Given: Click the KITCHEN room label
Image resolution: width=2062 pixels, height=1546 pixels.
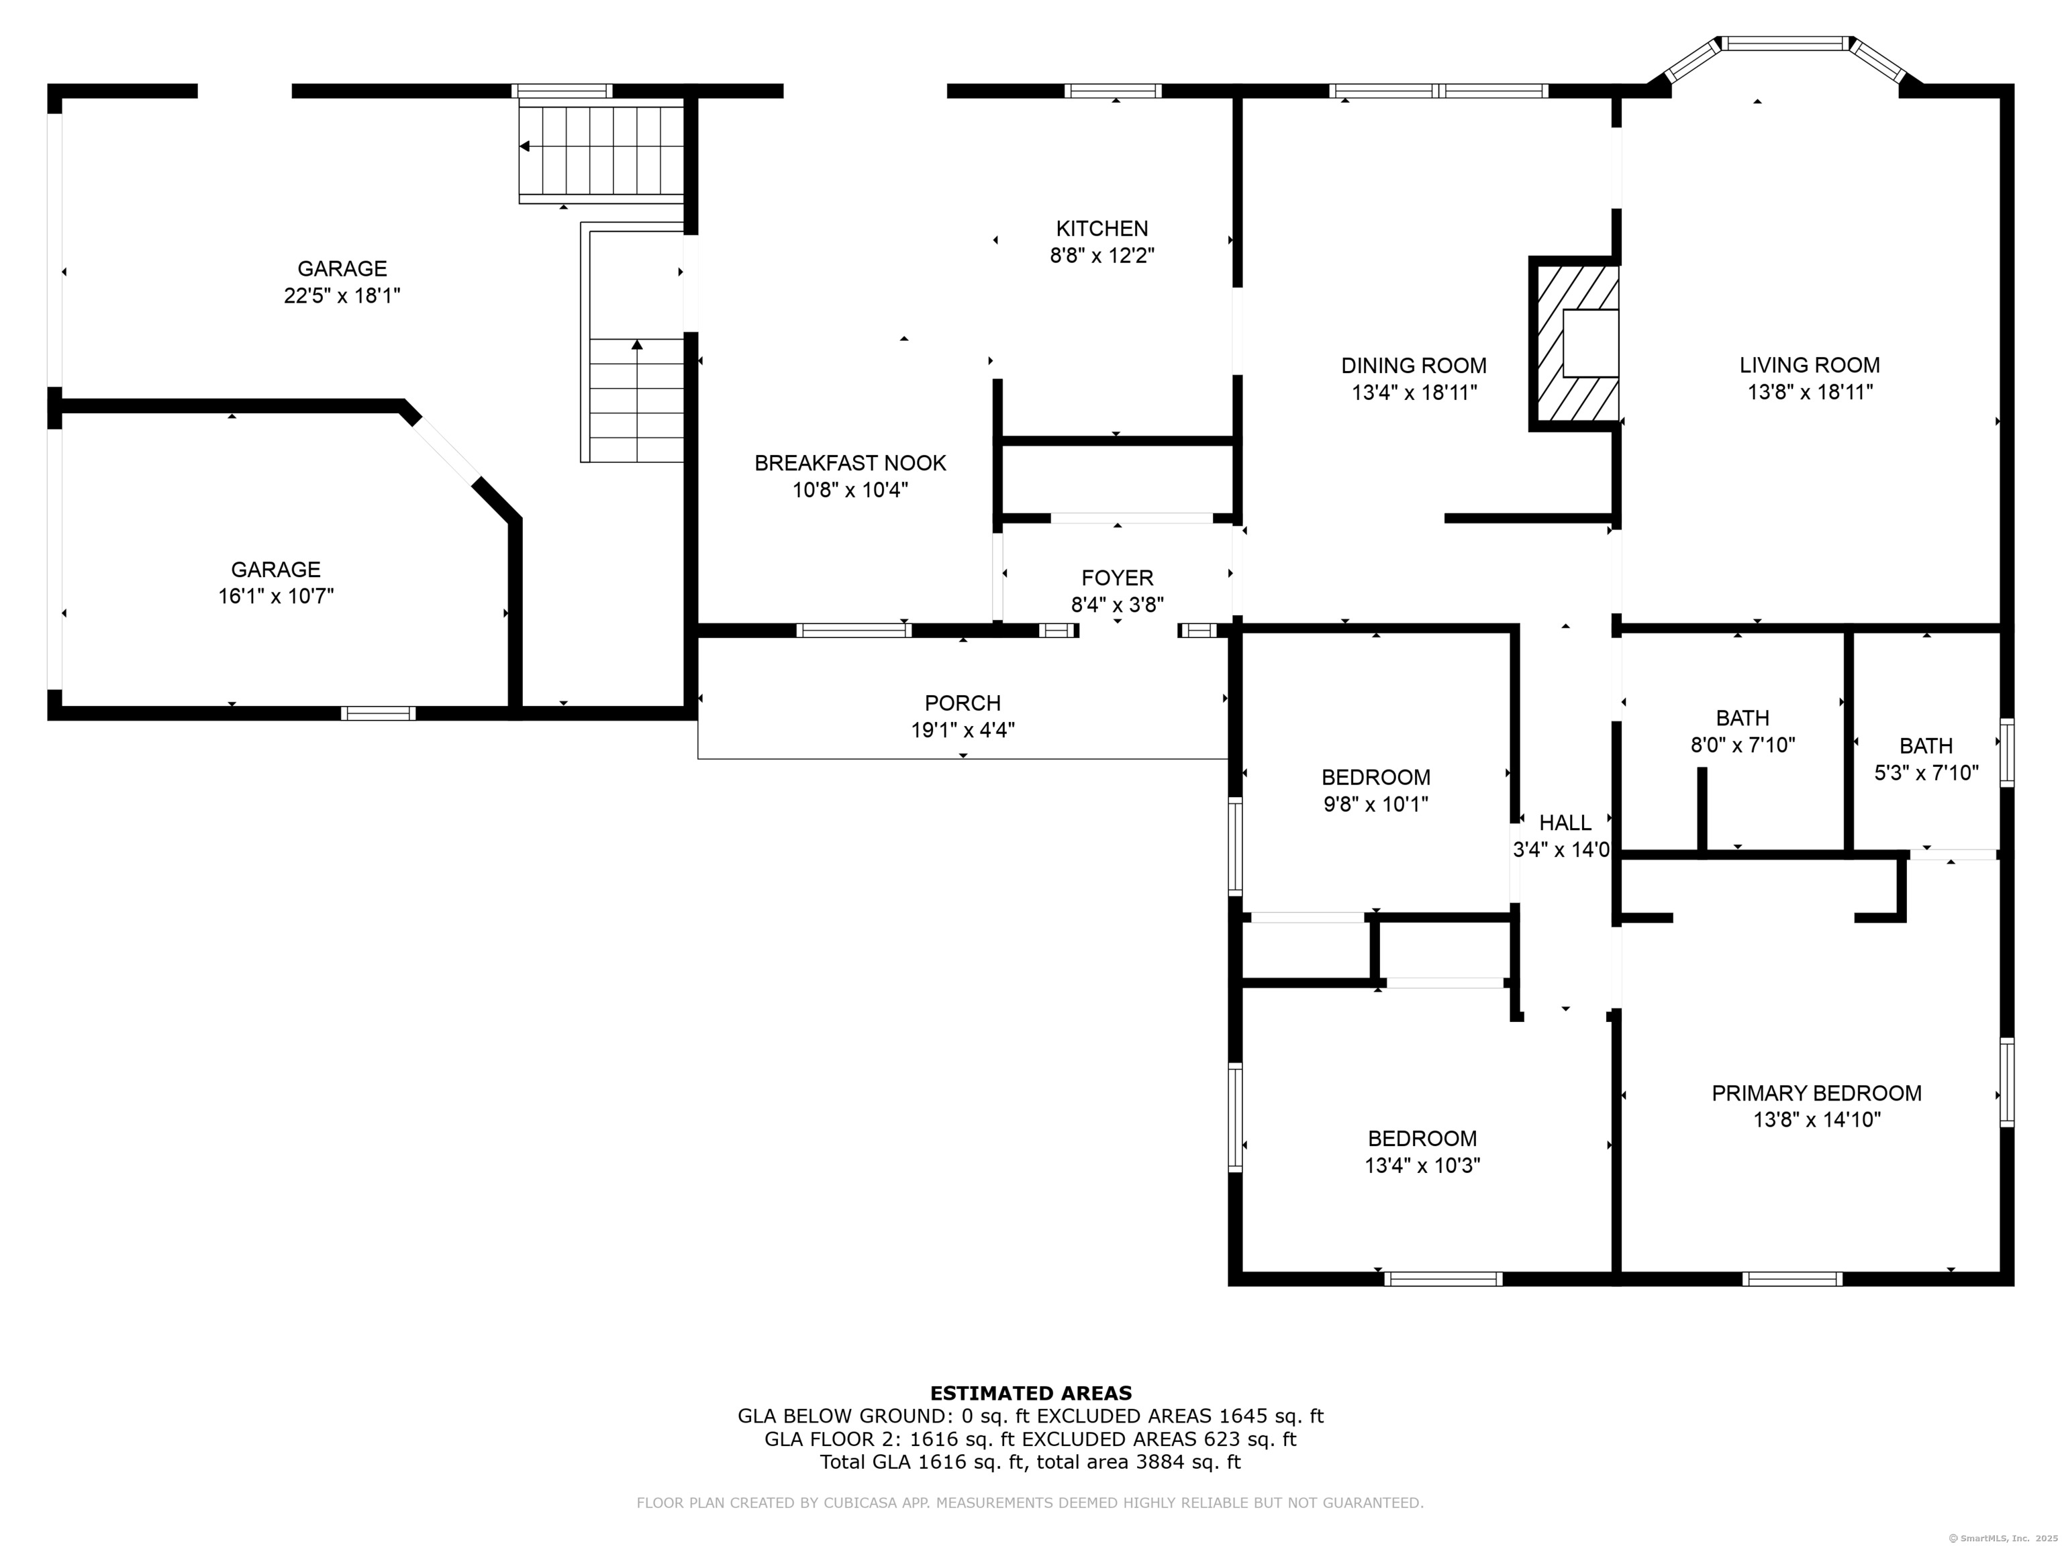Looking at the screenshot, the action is click(x=1102, y=228).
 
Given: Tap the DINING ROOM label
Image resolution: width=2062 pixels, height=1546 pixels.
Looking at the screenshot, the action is click(x=1413, y=365).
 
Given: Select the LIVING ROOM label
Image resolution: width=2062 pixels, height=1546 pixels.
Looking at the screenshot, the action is click(x=1810, y=365).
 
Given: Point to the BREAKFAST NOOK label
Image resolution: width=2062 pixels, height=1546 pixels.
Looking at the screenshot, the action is click(x=850, y=463).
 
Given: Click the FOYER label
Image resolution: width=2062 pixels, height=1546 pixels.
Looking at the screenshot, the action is click(x=1117, y=578).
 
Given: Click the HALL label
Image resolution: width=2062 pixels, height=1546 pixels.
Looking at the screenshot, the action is click(x=1565, y=823).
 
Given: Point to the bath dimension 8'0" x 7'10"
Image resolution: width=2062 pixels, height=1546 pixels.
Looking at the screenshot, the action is click(x=1742, y=745).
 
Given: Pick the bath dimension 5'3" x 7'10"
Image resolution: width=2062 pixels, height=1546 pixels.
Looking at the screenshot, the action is click(x=1926, y=772).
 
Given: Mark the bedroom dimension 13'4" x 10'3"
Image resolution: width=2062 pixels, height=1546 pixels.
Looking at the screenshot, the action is click(x=1422, y=1166).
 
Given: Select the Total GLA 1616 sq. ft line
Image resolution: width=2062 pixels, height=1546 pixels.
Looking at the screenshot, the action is click(x=1030, y=1462).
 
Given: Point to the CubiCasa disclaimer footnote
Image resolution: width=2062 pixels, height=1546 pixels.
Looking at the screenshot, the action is click(x=1030, y=1503).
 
